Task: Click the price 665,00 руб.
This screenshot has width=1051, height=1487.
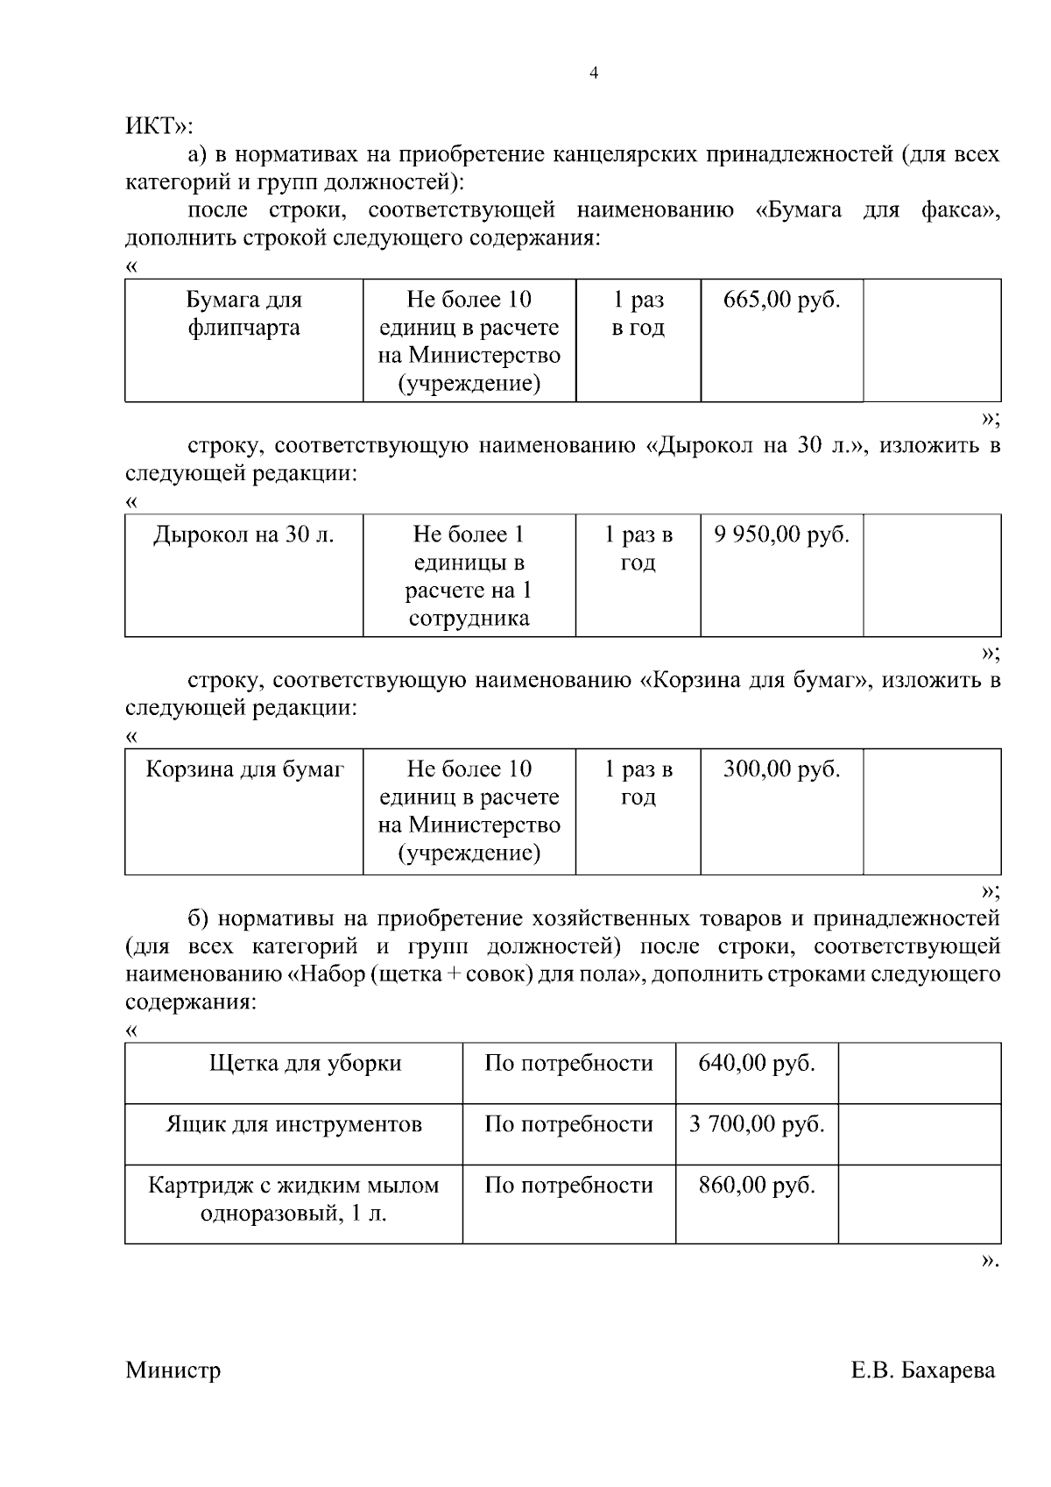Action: tap(781, 301)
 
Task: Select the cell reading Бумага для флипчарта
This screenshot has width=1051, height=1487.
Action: tap(244, 314)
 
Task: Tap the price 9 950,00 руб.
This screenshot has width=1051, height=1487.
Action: tap(781, 535)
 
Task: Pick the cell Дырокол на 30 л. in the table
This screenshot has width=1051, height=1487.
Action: tap(244, 535)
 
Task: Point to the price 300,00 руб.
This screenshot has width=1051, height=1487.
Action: tap(781, 769)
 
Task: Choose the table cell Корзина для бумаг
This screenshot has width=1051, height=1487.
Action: tap(244, 769)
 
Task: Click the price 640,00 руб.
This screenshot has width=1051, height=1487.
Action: tap(757, 1064)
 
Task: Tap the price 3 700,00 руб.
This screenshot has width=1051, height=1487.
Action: tap(757, 1124)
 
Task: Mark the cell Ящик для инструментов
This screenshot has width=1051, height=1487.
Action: tap(294, 1124)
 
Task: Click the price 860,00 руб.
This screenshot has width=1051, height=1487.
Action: tap(757, 1186)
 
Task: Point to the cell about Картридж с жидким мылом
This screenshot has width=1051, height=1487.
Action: tap(294, 1200)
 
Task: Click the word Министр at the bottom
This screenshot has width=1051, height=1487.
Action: tap(173, 1370)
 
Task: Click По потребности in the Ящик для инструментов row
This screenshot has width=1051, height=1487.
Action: tap(568, 1124)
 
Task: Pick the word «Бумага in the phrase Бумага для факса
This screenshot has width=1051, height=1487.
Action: tap(798, 210)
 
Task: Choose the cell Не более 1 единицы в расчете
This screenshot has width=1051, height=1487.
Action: tap(469, 576)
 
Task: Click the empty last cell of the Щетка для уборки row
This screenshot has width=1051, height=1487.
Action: tap(920, 1073)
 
